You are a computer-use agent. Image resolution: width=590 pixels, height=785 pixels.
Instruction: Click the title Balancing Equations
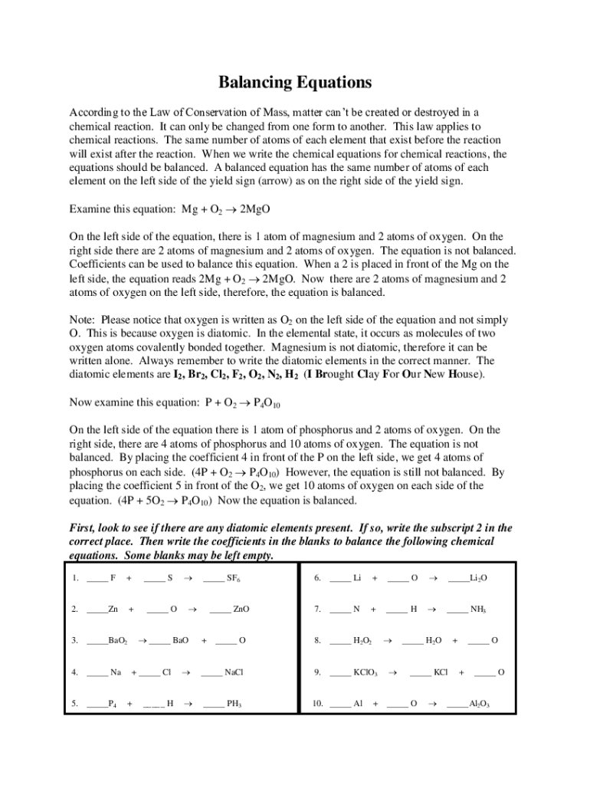(x=295, y=82)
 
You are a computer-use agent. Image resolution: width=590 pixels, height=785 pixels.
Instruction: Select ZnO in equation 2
(x=241, y=609)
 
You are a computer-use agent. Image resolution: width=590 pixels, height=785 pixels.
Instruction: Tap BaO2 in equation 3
(x=118, y=640)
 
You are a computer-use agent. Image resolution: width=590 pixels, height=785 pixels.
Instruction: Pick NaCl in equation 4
(x=233, y=672)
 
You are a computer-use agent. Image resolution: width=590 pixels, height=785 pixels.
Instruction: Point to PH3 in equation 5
(x=234, y=704)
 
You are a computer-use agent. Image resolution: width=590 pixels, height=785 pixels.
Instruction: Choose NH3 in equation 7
(x=478, y=609)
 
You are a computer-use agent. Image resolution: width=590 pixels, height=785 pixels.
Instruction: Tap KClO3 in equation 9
(x=365, y=672)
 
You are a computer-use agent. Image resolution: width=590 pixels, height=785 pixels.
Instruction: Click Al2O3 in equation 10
(x=479, y=704)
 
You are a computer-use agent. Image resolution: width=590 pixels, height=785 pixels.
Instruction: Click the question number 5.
(x=74, y=704)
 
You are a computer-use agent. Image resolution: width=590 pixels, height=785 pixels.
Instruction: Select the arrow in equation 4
(x=185, y=672)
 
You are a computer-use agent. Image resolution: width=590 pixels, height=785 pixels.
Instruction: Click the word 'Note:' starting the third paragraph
(x=83, y=320)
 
